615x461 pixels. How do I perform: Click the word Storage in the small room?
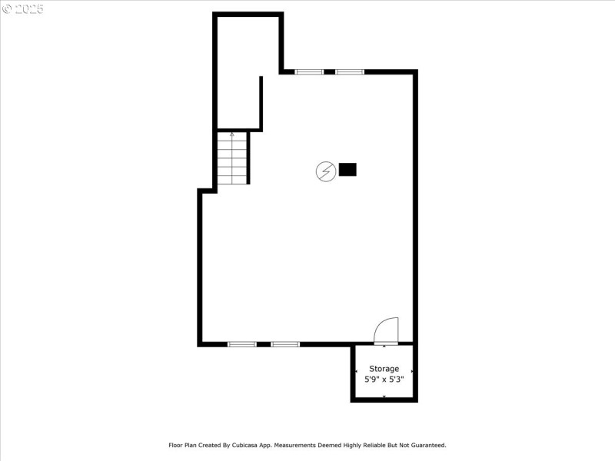click(x=384, y=369)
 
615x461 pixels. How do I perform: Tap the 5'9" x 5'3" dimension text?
click(x=384, y=379)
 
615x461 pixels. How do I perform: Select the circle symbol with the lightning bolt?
click(x=326, y=171)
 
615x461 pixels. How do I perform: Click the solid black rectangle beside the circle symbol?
click(x=347, y=170)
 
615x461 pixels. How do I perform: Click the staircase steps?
click(x=232, y=160)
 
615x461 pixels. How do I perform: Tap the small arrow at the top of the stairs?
click(x=232, y=135)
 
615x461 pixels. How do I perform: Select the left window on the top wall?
click(x=310, y=72)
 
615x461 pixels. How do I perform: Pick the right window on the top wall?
click(x=349, y=72)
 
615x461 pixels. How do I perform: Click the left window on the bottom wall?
click(x=242, y=344)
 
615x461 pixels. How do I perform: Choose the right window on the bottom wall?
click(x=285, y=344)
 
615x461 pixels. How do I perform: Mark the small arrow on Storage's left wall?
click(x=356, y=371)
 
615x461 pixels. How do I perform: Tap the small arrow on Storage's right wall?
click(x=412, y=371)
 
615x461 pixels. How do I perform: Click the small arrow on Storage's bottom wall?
click(x=384, y=396)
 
